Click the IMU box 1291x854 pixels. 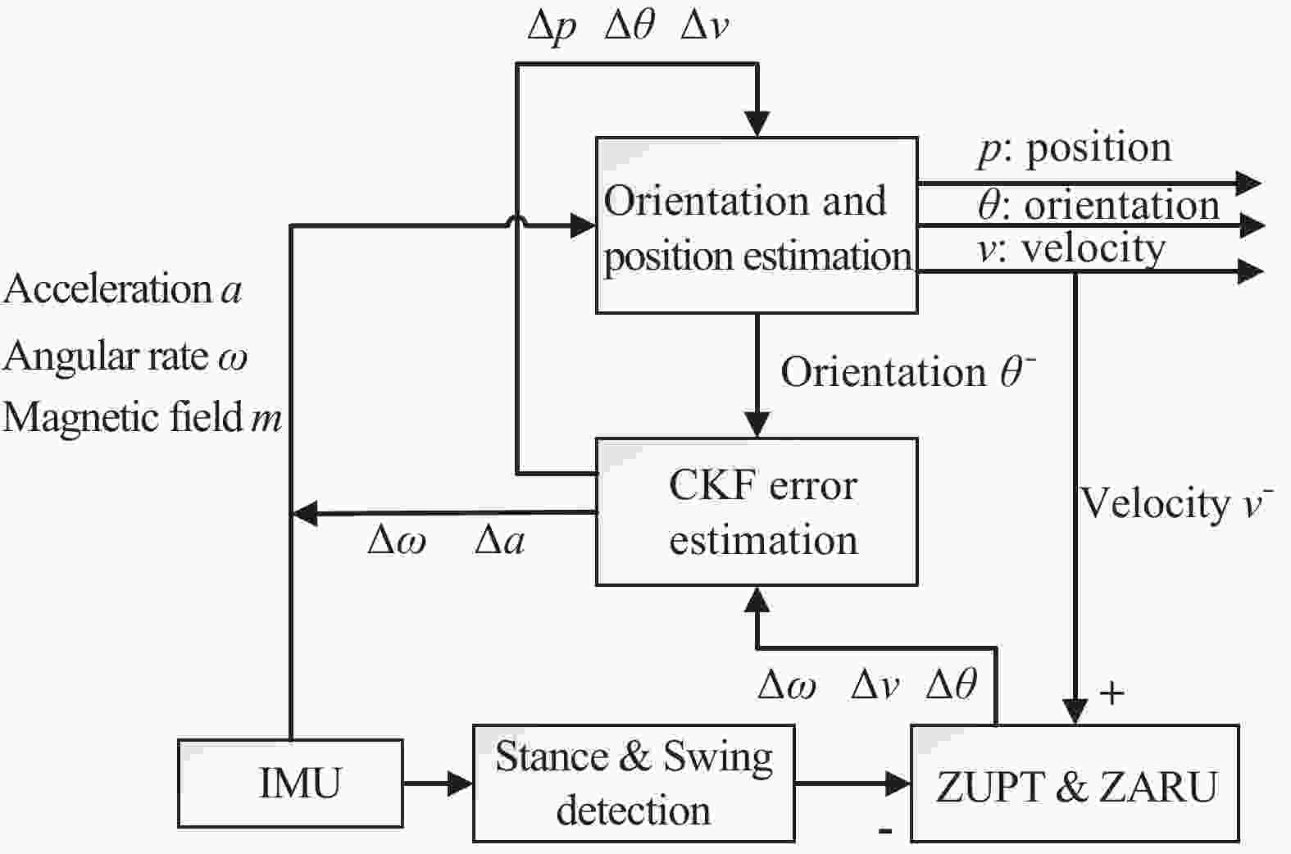tap(290, 783)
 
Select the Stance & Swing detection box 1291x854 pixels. tap(634, 783)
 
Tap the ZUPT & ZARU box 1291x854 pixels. tap(1075, 784)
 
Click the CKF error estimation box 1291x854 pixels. tap(756, 511)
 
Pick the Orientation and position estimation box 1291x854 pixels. tap(756, 225)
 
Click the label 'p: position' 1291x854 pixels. tap(1075, 148)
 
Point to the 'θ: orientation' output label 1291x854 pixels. tap(1098, 205)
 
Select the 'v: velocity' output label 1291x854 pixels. tap(1071, 248)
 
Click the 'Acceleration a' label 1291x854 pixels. tap(123, 289)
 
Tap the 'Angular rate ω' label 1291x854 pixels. tap(125, 357)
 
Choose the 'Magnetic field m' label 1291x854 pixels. tap(143, 417)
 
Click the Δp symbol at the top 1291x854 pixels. tap(552, 27)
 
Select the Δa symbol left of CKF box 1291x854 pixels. tap(499, 541)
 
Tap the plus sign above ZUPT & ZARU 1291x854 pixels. tap(1111, 693)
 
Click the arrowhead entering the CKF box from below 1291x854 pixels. tap(757, 601)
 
